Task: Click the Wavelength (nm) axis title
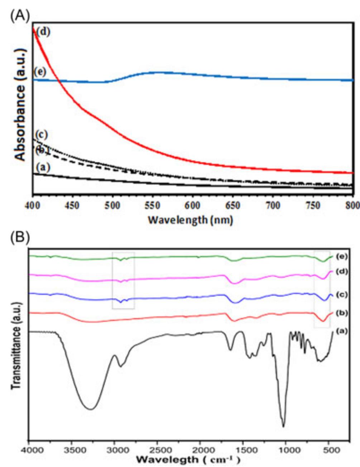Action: tap(190, 219)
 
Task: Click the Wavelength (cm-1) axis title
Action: tap(188, 459)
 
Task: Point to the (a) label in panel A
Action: tap(43, 167)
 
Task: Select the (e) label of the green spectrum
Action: tap(343, 256)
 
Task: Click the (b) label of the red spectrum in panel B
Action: tap(343, 313)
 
